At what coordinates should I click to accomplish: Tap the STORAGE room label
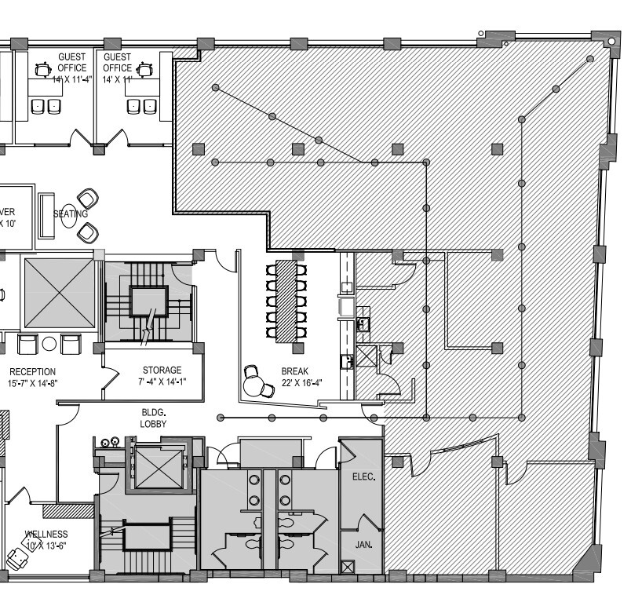click(x=162, y=371)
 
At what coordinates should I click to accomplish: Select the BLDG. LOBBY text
click(x=153, y=417)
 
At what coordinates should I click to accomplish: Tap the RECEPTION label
click(x=32, y=371)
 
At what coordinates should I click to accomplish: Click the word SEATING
click(x=71, y=214)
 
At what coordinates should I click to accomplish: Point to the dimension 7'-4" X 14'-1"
click(x=162, y=382)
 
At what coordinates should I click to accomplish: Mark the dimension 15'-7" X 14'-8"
click(x=34, y=383)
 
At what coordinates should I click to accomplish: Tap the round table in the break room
click(x=254, y=385)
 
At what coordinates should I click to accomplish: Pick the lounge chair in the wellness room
click(x=16, y=558)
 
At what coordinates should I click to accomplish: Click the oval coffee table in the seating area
click(x=69, y=214)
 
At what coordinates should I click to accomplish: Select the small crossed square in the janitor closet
click(x=348, y=565)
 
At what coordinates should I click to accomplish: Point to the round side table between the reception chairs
click(x=49, y=344)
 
